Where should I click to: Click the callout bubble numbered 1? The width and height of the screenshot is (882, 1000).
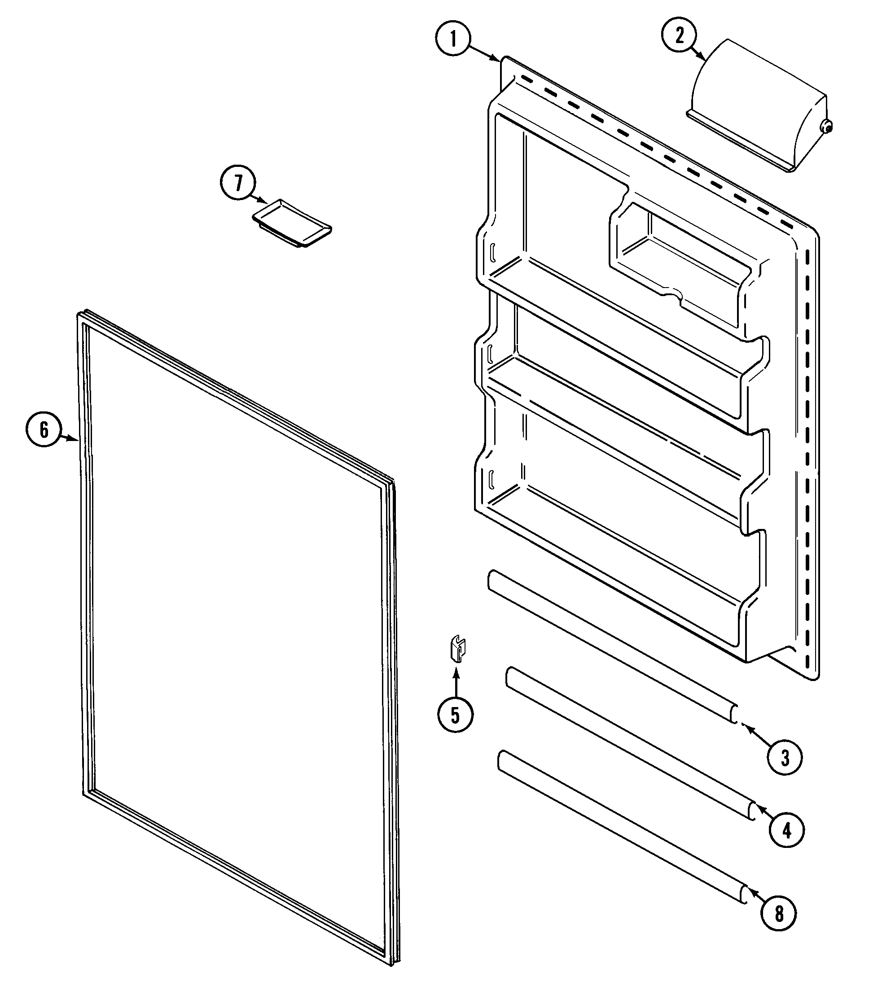click(453, 39)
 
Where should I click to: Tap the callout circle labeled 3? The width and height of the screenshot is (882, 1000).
click(785, 758)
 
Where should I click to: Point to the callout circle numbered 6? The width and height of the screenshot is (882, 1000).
click(44, 429)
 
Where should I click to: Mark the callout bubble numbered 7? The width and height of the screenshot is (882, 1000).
click(238, 183)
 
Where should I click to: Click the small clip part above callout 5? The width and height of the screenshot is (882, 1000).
click(458, 649)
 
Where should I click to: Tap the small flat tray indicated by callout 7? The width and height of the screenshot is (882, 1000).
click(292, 223)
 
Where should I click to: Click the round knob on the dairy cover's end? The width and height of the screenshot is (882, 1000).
click(827, 127)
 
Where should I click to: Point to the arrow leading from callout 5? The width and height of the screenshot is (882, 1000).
click(456, 682)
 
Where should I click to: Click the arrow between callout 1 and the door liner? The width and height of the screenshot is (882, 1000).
click(485, 52)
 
